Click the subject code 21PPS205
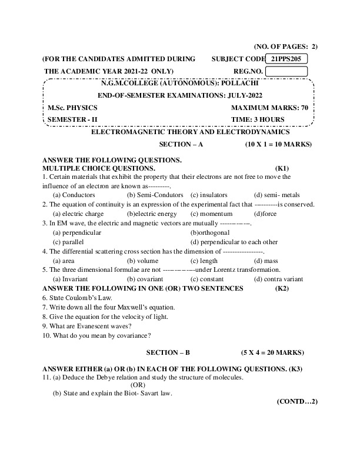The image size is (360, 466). pos(286,59)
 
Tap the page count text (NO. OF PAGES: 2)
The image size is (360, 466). pos(285,46)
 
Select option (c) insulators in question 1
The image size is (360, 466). pos(209,194)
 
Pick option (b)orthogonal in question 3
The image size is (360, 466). pos(210,232)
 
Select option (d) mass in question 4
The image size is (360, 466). pos(266,260)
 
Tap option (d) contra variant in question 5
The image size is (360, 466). pos(278,279)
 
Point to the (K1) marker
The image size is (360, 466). pos(282,168)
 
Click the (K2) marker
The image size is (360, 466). pos(282,288)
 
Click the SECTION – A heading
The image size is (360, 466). pos(181,144)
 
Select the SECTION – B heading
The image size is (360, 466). pos(168,352)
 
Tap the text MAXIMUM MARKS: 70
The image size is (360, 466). pos(269,108)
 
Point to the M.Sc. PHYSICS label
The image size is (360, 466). pos(73,108)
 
